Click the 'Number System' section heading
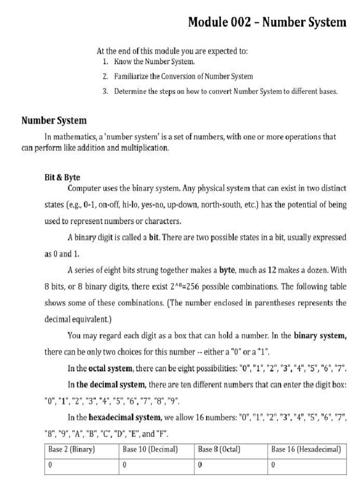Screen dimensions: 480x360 (54, 120)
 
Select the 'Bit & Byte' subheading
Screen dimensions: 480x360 (62, 178)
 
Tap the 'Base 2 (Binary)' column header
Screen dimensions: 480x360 (72, 449)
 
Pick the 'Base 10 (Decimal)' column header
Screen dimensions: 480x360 (150, 449)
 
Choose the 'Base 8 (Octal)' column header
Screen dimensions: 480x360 (219, 449)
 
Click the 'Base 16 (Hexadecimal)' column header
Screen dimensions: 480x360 (306, 449)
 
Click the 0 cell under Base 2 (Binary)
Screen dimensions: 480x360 (50, 465)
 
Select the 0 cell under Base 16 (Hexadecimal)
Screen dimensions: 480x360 (273, 465)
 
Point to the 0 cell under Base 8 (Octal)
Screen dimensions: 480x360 (200, 465)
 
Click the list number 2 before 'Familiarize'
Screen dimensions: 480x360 (105, 76)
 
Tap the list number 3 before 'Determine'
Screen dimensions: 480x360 (105, 91)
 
